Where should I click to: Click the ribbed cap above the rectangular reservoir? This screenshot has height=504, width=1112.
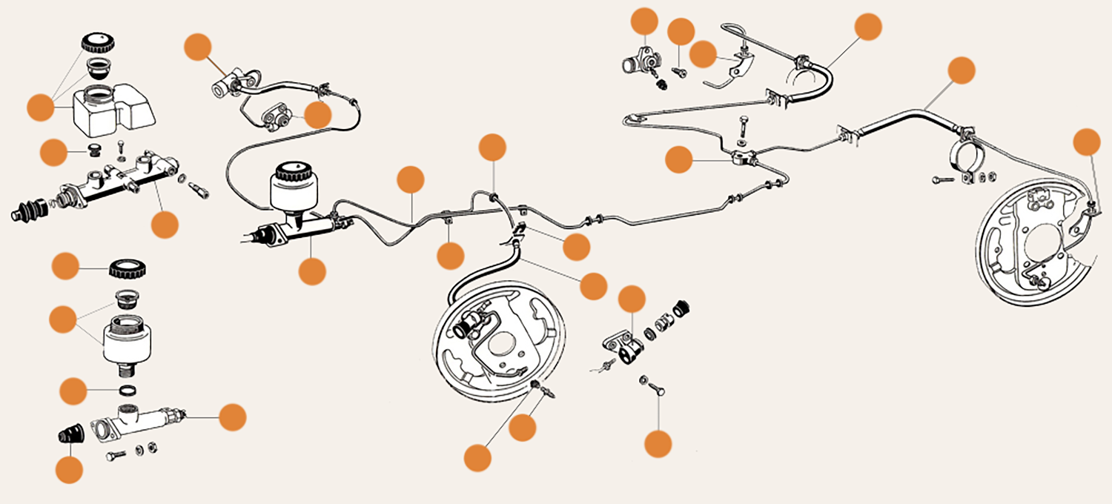tap(95, 41)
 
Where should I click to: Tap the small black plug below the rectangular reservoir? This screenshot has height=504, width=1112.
tap(94, 150)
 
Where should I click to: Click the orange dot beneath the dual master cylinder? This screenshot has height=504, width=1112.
tap(165, 224)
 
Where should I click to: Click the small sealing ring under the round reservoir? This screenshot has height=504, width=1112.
tap(128, 391)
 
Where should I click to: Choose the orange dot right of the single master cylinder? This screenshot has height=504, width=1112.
tap(232, 417)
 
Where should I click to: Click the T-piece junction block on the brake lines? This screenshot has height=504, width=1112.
tap(743, 158)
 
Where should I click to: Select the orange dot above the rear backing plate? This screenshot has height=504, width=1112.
tap(1088, 142)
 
